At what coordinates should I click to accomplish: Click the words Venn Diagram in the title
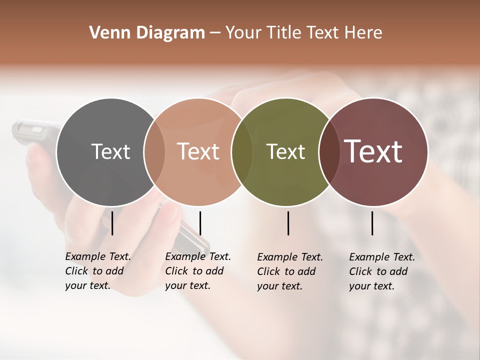147,33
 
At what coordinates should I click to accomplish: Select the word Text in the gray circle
110,151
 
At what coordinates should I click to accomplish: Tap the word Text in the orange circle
198,151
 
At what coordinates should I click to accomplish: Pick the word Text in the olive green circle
285,151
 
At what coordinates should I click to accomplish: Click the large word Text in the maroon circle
373,151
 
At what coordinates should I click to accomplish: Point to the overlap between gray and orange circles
154,151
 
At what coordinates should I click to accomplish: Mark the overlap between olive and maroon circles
328,151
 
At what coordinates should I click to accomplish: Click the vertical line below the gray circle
112,223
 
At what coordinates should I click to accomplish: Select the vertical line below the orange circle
200,223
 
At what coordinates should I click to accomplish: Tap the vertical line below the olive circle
288,223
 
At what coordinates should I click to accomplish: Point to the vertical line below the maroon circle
372,223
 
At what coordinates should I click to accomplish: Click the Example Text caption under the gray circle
98,271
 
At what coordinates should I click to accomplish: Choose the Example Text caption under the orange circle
198,271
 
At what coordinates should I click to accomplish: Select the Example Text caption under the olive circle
290,271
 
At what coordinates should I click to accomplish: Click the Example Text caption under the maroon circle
382,271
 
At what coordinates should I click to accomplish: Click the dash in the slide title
215,33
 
